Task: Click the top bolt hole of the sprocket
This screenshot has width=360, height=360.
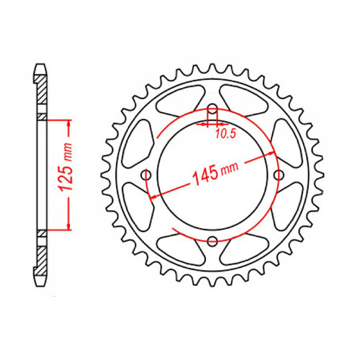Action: click(x=212, y=110)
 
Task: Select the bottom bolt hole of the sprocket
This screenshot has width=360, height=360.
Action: click(x=213, y=242)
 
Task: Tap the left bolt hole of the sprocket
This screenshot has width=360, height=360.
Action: click(x=147, y=176)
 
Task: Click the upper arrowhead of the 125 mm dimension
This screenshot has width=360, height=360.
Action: click(x=70, y=124)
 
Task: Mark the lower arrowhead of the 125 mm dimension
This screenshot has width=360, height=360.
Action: click(x=70, y=225)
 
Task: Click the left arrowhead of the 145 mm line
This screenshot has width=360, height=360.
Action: click(x=153, y=194)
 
